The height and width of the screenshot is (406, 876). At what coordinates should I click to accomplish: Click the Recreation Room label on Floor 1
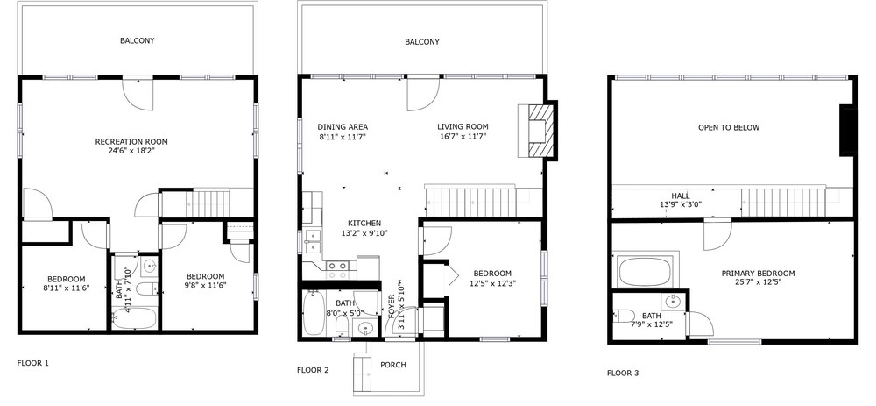[x=131, y=141]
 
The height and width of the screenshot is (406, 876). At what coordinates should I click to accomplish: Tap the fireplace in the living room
[x=536, y=131]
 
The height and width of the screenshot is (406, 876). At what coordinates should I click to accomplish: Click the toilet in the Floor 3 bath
[x=624, y=316]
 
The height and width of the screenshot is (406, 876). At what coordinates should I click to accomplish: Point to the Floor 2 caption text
[x=313, y=370]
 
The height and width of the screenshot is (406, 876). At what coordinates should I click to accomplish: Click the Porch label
[x=393, y=365]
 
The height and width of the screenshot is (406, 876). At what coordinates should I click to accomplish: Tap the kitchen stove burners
[x=338, y=270]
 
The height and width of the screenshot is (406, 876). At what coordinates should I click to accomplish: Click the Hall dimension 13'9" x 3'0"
[x=681, y=204]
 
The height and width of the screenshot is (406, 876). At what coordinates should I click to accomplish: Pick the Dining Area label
[x=343, y=127]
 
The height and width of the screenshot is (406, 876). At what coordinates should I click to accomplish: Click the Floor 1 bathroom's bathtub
[x=133, y=317]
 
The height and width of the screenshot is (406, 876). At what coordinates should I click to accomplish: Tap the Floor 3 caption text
[x=623, y=373]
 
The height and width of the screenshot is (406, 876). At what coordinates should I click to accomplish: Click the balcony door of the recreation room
[x=138, y=94]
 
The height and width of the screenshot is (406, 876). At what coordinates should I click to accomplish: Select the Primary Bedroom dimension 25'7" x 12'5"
[x=758, y=282]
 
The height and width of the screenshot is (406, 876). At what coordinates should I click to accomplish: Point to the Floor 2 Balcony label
[x=422, y=41]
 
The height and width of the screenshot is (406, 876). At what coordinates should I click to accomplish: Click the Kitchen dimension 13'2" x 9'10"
[x=364, y=232]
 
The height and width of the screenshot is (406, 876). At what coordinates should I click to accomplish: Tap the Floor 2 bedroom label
[x=492, y=274]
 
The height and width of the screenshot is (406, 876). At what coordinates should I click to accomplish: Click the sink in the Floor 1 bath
[x=149, y=267]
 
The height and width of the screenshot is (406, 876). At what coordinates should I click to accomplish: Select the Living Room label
[x=463, y=127]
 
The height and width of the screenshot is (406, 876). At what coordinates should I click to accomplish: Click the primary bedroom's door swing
[x=717, y=235]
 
